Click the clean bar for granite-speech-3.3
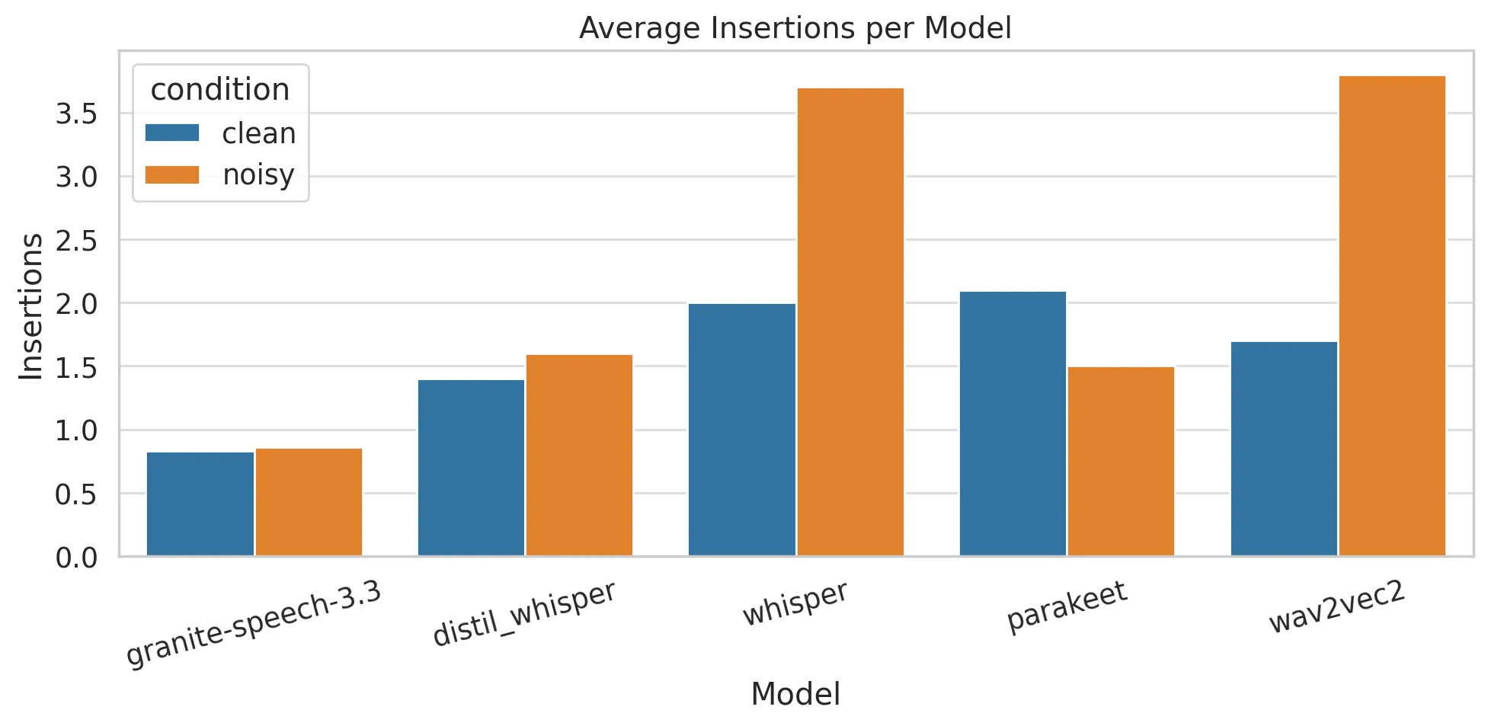pyautogui.click(x=200, y=504)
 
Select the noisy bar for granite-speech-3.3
pyautogui.click(x=309, y=502)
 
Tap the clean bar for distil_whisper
pyautogui.click(x=471, y=468)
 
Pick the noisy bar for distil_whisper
pyautogui.click(x=579, y=455)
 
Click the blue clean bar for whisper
pyautogui.click(x=742, y=430)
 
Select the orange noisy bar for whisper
pyautogui.click(x=850, y=321)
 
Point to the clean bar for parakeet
pyautogui.click(x=1013, y=424)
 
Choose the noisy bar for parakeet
pyautogui.click(x=1121, y=461)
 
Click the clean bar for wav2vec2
pyautogui.click(x=1284, y=449)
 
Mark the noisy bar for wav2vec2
pyautogui.click(x=1392, y=315)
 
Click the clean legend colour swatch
pyautogui.click(x=172, y=133)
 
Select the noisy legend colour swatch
pyautogui.click(x=172, y=175)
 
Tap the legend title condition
pyautogui.click(x=220, y=90)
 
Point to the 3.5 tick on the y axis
pyautogui.click(x=76, y=114)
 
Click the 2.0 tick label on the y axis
pyautogui.click(x=76, y=304)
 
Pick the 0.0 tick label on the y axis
pyautogui.click(x=76, y=558)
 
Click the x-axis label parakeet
pyautogui.click(x=1066, y=606)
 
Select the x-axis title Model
pyautogui.click(x=795, y=694)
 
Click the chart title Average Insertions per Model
pyautogui.click(x=795, y=28)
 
